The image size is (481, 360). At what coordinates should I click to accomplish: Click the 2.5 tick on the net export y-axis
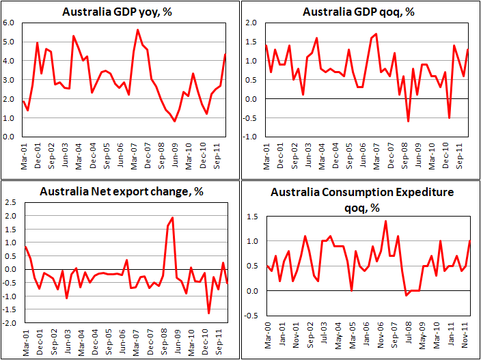click(x=11, y=202)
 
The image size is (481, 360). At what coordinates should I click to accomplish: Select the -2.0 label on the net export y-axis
click(x=10, y=322)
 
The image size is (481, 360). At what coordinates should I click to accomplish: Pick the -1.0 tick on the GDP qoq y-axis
click(x=250, y=137)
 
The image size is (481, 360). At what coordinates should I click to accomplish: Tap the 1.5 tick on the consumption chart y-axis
click(x=253, y=217)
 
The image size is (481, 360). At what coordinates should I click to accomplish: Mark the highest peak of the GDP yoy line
click(x=138, y=29)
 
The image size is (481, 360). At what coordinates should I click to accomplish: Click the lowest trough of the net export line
click(x=208, y=313)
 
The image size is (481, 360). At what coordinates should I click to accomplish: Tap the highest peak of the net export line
click(x=172, y=218)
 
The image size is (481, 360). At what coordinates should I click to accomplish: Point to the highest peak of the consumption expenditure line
click(x=386, y=221)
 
